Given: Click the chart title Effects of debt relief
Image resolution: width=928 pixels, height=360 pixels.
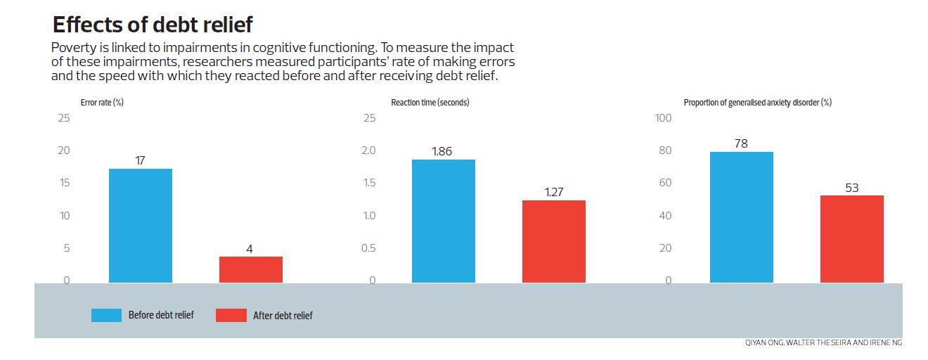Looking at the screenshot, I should [152, 25].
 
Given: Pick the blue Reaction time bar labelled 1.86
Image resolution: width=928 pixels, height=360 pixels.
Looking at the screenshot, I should [443, 221].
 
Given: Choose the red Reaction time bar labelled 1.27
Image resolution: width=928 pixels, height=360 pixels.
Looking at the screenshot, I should [553, 241].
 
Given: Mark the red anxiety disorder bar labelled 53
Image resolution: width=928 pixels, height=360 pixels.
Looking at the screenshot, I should [851, 239].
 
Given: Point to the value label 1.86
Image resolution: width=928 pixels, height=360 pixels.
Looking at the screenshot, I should [442, 151].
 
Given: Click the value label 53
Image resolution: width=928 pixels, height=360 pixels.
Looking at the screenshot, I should [851, 188].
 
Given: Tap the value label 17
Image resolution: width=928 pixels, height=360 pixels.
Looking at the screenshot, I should [140, 160].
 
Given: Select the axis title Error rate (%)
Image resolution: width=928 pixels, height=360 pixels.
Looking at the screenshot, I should [102, 103].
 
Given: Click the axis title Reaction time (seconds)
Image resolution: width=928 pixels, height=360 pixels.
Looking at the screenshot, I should [430, 103].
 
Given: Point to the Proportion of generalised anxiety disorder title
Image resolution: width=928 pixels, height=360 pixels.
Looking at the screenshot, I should [757, 103].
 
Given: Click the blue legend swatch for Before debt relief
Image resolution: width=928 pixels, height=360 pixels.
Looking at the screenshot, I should [106, 315].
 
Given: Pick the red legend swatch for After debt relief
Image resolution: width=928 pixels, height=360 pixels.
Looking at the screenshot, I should [231, 315].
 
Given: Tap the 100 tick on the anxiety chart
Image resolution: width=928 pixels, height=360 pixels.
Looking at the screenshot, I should [663, 118].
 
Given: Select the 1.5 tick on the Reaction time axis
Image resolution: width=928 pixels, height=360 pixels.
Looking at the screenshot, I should [369, 183].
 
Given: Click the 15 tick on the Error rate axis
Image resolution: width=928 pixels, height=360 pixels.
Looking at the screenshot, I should [64, 183].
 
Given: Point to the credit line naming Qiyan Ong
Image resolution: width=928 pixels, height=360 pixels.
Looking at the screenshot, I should [823, 343].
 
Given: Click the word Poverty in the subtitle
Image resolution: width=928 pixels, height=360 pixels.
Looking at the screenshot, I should [72, 48].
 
